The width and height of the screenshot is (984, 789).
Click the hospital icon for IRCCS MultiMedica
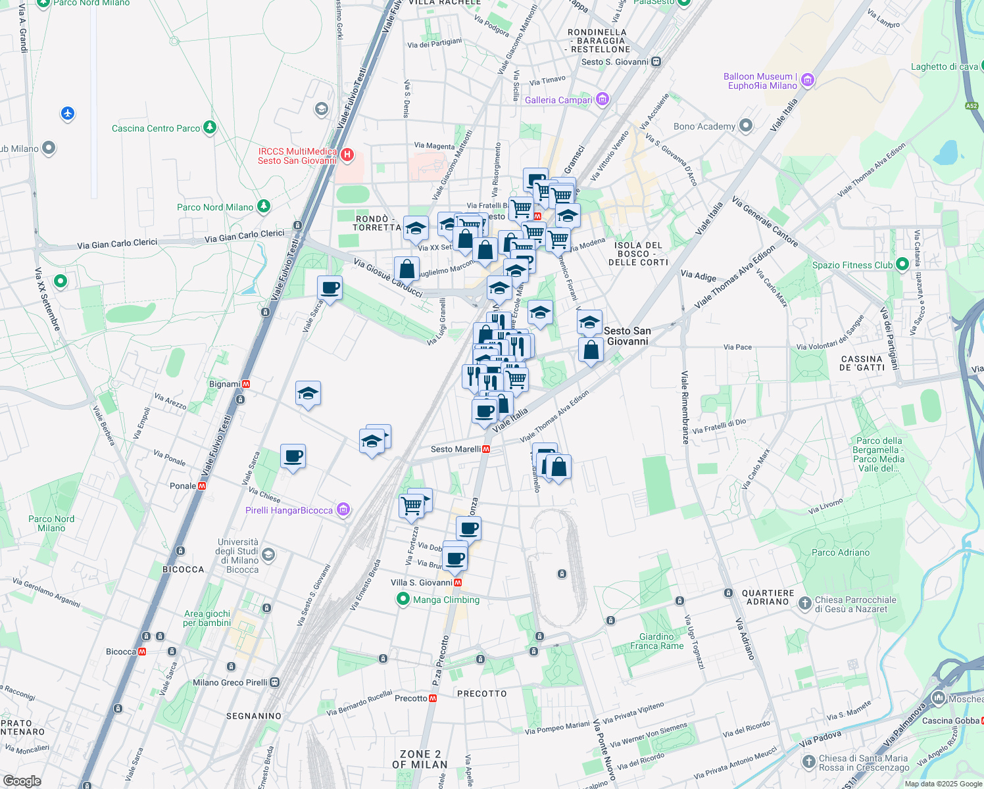347,156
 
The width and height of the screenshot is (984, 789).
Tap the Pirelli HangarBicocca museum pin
343,510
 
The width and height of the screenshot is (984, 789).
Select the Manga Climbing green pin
403,599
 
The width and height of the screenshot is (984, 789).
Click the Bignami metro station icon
246,383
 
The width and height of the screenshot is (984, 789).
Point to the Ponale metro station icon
202,486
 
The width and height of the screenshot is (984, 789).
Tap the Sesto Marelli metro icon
486,449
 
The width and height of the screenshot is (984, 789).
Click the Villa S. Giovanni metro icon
458,583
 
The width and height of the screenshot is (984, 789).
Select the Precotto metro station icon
433,698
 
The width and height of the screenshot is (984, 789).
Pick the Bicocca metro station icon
142,652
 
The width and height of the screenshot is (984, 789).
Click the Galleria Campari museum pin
602,100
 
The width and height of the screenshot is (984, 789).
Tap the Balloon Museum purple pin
808,81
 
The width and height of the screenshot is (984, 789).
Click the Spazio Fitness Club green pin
902,264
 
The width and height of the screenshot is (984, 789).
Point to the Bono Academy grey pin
745,126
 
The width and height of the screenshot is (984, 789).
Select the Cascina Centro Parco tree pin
209,128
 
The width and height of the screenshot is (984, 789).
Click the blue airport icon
68,114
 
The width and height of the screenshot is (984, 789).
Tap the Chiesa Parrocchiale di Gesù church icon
804,603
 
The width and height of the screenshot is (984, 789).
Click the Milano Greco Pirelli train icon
274,682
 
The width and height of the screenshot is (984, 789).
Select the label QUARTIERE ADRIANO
768,597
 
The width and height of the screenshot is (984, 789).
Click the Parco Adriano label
841,552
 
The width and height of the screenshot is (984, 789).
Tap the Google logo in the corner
22,780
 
